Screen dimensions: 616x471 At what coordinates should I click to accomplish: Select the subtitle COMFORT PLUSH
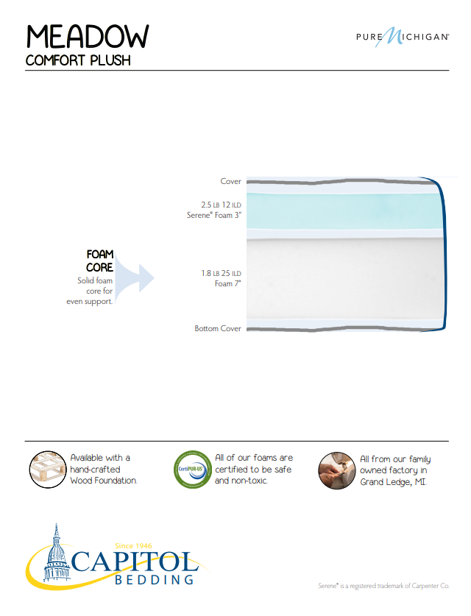(x=77, y=60)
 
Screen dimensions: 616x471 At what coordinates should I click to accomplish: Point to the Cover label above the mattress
(x=230, y=181)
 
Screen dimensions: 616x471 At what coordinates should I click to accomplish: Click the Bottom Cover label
(x=218, y=328)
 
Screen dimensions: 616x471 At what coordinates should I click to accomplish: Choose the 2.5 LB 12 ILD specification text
(x=221, y=204)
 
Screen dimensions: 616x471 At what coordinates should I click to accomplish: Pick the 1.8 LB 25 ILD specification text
(x=221, y=273)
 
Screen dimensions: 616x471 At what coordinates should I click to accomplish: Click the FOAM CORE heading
(x=99, y=261)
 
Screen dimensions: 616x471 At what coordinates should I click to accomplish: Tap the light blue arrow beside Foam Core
(x=136, y=278)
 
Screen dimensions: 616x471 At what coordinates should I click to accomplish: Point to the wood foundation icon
(x=46, y=470)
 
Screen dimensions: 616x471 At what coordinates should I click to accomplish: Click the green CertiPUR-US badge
(x=191, y=470)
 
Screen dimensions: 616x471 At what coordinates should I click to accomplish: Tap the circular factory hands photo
(x=337, y=470)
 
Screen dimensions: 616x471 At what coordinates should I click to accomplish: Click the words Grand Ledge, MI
(x=394, y=482)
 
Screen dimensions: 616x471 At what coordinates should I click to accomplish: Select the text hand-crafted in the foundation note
(x=95, y=469)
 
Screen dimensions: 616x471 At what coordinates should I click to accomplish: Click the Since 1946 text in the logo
(x=134, y=545)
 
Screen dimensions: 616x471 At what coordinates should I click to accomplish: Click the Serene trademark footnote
(x=383, y=586)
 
